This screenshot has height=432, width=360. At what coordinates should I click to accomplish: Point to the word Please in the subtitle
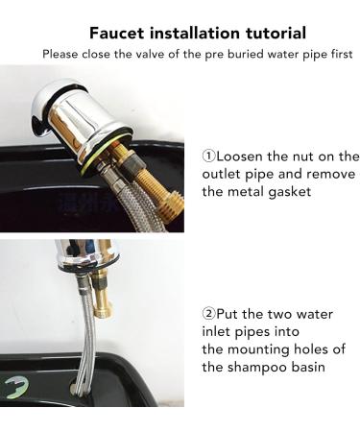[62, 54]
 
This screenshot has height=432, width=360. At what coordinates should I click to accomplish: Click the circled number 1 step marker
[208, 156]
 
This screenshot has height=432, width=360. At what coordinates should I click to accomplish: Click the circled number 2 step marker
[208, 314]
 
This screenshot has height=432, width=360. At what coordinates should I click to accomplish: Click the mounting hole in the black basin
[76, 389]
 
